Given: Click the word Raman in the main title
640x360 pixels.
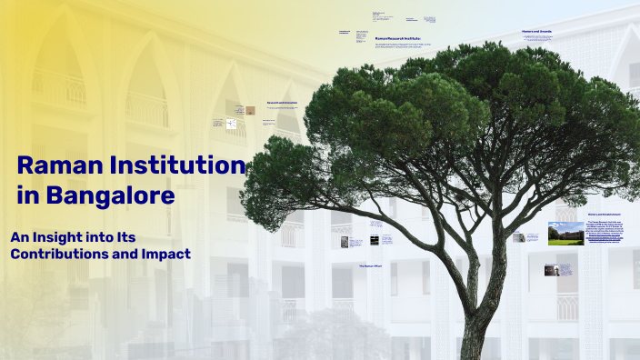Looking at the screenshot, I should pos(56,166).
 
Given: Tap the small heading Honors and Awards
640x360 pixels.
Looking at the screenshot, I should pos(537,31).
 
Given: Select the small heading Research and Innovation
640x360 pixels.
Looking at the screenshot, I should pos(282,103).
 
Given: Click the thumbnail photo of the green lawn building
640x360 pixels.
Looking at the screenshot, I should pos(565,235).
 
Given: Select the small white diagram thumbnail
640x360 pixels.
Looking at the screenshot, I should pos(231,124).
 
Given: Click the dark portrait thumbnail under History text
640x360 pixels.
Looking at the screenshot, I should pos(551,270).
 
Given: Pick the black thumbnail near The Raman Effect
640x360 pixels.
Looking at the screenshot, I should pos(356,243).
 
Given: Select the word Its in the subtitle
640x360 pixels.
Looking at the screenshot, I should pos(125,236).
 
